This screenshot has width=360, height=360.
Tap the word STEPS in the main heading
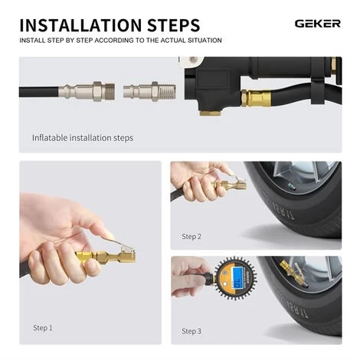tap(170, 25)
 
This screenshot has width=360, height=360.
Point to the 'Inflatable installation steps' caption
tap(82, 138)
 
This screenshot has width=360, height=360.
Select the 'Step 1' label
tap(42, 328)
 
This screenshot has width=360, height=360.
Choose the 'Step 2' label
tap(191, 237)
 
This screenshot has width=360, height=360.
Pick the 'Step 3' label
tap(191, 331)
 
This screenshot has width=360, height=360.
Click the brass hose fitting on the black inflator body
tap(255, 98)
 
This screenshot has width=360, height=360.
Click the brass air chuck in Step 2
tap(231, 185)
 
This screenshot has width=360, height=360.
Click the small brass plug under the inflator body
tap(209, 113)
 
